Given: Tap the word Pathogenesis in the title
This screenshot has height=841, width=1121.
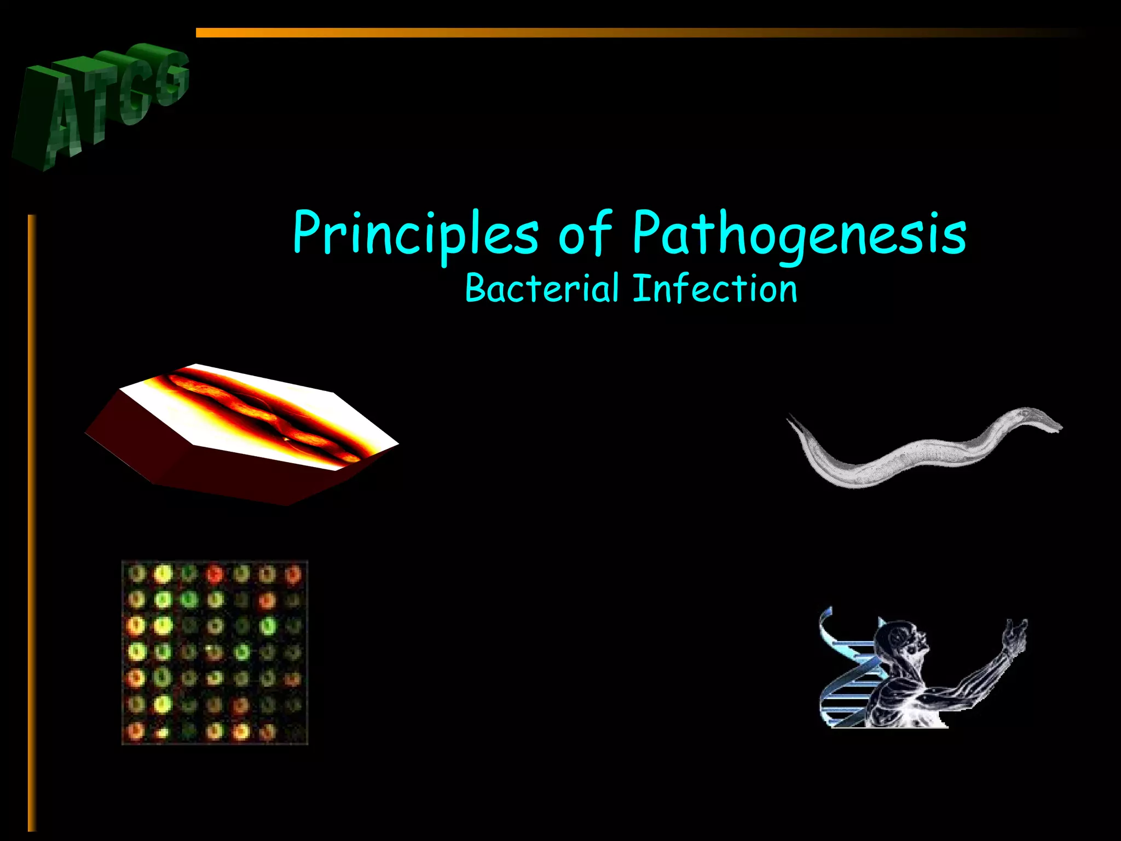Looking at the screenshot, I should (x=799, y=234).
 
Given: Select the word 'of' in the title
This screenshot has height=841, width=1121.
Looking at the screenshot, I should (x=585, y=234).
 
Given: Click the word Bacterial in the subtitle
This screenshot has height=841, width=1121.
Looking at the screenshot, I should (x=542, y=289).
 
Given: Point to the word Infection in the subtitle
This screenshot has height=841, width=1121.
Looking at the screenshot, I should (x=715, y=289).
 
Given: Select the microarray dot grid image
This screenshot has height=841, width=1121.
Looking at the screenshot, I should (x=215, y=652).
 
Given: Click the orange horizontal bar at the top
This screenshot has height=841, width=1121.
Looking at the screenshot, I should (x=602, y=33).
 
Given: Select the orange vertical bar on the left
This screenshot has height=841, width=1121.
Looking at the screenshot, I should (x=32, y=520).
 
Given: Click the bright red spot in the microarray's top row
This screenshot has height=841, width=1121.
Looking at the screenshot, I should (x=215, y=574).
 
